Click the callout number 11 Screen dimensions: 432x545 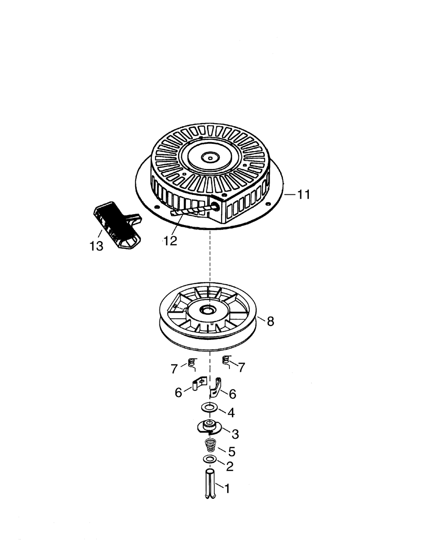pos(304,195)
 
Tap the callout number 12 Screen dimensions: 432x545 pos(171,241)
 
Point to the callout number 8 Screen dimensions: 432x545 pos(270,321)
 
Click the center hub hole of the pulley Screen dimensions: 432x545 pos(210,309)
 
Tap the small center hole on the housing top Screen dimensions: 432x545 pos(210,158)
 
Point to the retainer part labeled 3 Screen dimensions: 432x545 pos(210,427)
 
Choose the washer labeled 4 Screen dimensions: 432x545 pos(210,408)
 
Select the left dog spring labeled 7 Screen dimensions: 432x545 pos(192,364)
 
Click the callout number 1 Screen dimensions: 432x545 pos(227,488)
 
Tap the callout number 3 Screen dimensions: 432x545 pos(235,434)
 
